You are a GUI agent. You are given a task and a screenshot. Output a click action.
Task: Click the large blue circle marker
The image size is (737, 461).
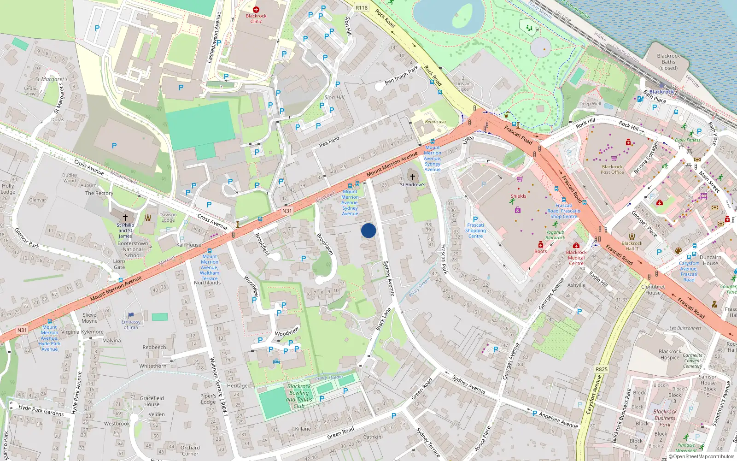(x=368, y=230)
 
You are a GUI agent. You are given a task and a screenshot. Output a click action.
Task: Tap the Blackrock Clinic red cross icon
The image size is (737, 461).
(x=256, y=9)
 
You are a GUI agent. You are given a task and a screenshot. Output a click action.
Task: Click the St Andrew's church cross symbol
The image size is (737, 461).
(x=413, y=177)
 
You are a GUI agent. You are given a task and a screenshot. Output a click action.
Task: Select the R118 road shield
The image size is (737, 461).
(x=362, y=7)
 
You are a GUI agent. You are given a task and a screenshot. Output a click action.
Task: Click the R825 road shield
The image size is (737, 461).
(x=602, y=369)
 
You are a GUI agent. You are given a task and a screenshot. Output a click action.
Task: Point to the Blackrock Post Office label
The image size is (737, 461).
(x=612, y=170)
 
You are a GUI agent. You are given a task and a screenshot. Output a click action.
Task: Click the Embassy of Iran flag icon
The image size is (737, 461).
(x=131, y=316)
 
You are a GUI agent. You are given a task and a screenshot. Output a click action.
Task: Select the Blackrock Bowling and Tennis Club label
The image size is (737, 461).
(x=299, y=396)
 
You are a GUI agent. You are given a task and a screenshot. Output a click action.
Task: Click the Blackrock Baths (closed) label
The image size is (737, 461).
(x=668, y=62)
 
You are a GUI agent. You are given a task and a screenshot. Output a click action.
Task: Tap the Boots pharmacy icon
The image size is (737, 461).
(x=541, y=245)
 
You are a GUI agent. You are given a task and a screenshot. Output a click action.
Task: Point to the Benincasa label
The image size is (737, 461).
(x=435, y=122)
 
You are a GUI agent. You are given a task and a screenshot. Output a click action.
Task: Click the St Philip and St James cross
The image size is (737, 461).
(x=125, y=217)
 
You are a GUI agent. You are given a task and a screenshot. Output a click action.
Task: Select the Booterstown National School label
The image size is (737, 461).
(x=133, y=249)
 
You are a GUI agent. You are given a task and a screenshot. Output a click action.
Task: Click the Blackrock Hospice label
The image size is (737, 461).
(x=670, y=355)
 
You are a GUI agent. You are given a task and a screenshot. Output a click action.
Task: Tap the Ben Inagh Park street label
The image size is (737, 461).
(x=401, y=75)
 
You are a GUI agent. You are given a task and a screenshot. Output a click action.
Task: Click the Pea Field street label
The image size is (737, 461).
(x=329, y=142)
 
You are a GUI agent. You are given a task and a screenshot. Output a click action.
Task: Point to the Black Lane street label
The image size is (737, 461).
(x=383, y=319)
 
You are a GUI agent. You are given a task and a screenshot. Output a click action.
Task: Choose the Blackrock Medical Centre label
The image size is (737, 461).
(x=576, y=258)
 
